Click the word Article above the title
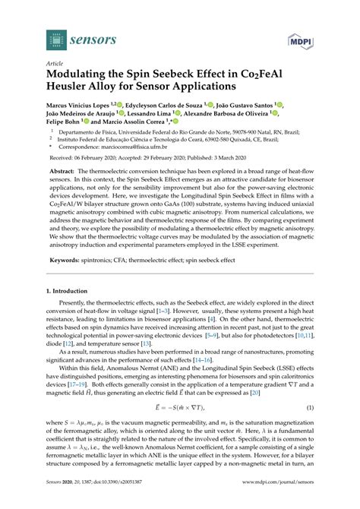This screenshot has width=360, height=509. pyautogui.click(x=55, y=64)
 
